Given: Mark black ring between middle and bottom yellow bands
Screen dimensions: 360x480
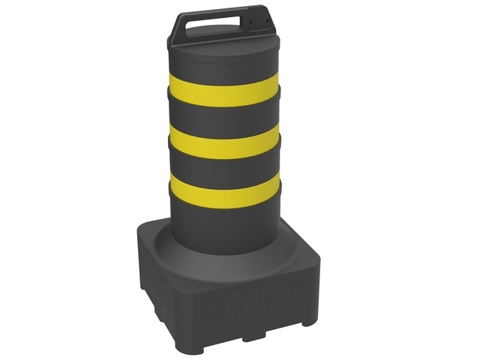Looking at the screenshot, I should [x=223, y=164].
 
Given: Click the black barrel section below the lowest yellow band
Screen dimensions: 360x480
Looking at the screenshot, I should [x=223, y=225].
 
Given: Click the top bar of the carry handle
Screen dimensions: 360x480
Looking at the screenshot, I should [x=217, y=16].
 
